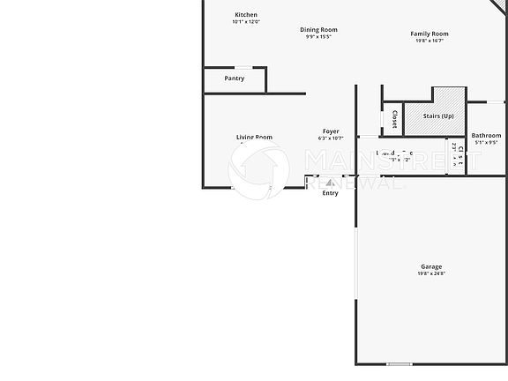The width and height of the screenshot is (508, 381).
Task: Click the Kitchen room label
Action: click(246, 14)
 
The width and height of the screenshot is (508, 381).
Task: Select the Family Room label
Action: click(430, 34)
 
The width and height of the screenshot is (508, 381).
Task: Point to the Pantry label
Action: click(235, 78)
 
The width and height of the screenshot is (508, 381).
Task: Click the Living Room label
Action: click(254, 137)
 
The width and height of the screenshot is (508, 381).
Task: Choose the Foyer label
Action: click(331, 131)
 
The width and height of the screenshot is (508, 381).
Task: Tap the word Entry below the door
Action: click(330, 193)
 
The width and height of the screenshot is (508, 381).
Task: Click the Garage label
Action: click(431, 266)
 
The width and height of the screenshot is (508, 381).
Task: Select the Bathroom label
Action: click(486, 135)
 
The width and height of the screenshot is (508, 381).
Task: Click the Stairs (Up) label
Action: click(438, 116)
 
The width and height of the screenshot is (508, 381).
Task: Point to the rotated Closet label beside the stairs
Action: click(393, 119)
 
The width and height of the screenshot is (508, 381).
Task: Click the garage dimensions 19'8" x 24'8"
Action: click(431, 273)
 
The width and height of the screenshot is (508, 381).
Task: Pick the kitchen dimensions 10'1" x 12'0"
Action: click(246, 22)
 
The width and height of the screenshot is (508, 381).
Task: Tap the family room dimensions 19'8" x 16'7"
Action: click(430, 41)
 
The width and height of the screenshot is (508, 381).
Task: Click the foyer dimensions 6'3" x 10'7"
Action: click(331, 139)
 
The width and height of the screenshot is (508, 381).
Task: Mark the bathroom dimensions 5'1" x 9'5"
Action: click(486, 142)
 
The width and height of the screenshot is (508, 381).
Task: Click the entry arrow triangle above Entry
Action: click(330, 183)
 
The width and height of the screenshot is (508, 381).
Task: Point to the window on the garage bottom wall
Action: click(399, 363)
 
